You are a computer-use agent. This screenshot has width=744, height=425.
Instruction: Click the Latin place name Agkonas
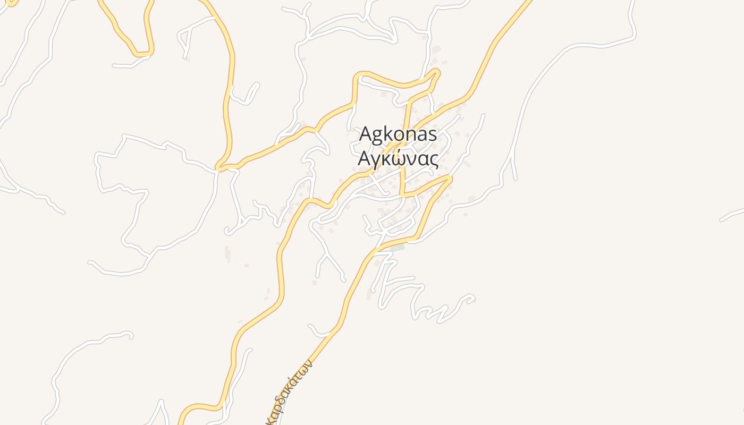click(398, 134)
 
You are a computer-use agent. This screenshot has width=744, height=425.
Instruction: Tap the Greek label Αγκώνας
click(398, 159)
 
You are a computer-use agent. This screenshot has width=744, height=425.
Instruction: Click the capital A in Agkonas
click(365, 134)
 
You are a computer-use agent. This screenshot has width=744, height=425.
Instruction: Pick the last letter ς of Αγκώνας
click(434, 160)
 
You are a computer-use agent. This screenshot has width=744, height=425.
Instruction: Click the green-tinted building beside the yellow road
click(398, 248)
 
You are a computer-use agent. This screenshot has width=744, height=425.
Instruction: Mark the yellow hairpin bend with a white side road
click(141, 54)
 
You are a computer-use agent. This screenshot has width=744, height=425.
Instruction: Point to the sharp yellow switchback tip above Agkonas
click(437, 71)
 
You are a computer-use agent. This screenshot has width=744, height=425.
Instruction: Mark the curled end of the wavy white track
click(470, 299)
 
